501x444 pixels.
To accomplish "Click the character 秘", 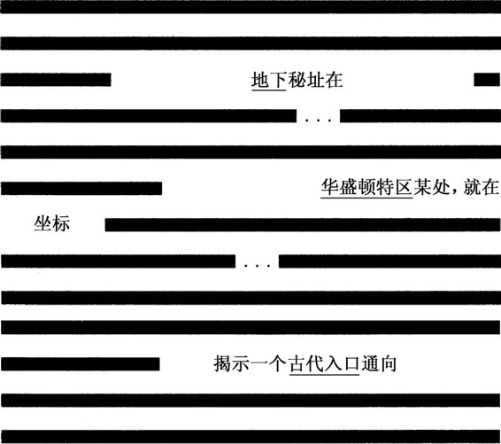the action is click(x=297, y=80).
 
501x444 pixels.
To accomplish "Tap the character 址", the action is click(x=315, y=80).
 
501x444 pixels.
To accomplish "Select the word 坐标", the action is click(x=52, y=223).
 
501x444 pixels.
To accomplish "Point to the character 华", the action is click(x=330, y=187).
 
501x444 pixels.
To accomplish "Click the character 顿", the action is click(x=366, y=187).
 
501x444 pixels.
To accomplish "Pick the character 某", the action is click(x=422, y=187).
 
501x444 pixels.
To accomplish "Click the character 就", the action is click(x=473, y=187).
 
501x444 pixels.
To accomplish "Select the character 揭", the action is click(x=223, y=363).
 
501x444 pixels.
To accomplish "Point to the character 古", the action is click(x=297, y=363).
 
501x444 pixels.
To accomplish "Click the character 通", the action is click(x=370, y=363).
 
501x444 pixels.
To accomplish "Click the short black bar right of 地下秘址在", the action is click(x=487, y=80).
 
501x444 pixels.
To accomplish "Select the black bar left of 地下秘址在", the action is click(x=56, y=80).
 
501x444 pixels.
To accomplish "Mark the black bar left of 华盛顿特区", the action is click(x=81, y=188).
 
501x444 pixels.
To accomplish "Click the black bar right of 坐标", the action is click(x=303, y=225).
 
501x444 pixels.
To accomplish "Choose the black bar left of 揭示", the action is click(x=81, y=364).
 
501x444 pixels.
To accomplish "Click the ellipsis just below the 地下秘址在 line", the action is click(x=319, y=121).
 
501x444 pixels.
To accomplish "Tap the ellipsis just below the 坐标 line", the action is click(x=258, y=265).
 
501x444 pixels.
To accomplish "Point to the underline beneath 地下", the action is click(x=269, y=90).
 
